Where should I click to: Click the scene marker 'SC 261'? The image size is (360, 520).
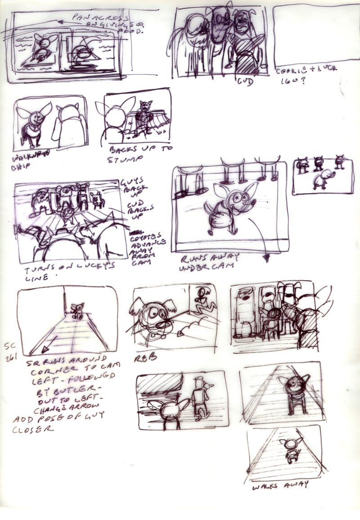(x=10, y=353)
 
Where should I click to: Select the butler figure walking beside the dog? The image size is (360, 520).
(x=198, y=397)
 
